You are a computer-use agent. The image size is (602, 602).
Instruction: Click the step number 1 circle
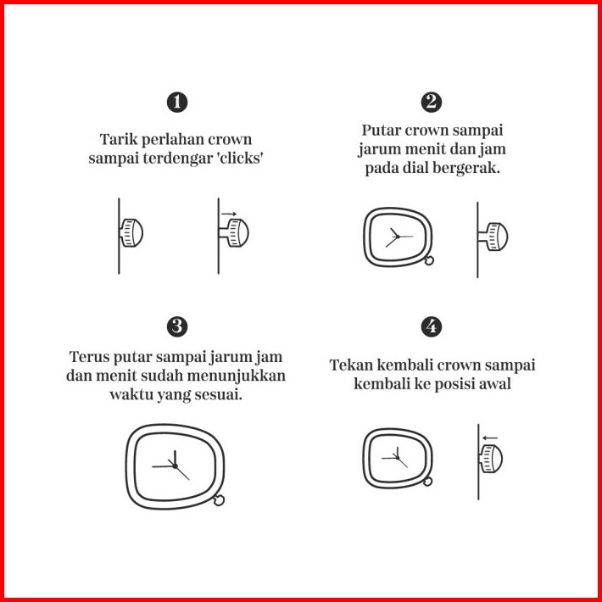(177, 103)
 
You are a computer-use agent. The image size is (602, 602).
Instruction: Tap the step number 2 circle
(432, 103)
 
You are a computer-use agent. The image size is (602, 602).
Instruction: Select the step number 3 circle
(177, 327)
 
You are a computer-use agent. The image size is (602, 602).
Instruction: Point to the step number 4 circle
(432, 327)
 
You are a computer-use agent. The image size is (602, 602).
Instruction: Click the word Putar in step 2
(382, 131)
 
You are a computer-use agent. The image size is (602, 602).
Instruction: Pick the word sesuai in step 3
(219, 394)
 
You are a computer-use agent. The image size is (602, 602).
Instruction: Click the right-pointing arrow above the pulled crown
(229, 214)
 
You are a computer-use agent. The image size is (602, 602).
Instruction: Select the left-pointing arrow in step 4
(490, 438)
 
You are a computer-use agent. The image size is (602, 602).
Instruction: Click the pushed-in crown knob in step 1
(131, 232)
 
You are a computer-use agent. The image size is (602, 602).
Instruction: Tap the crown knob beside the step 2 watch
(493, 237)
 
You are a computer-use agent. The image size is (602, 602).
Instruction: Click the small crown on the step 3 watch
(219, 500)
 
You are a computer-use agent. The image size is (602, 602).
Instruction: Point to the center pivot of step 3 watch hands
(175, 466)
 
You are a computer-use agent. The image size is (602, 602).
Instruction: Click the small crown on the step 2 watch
(429, 260)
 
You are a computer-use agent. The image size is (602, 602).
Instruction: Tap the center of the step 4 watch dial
(398, 458)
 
